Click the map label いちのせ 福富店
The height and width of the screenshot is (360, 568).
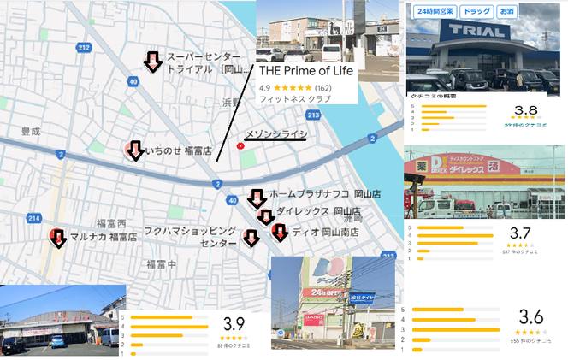pyautogui.click(x=178, y=151)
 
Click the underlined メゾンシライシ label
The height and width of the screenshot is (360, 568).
pyautogui.click(x=275, y=134)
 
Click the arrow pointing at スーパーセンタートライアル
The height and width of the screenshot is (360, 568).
pyautogui.click(x=152, y=62)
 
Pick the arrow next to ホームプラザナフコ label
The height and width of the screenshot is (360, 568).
pyautogui.click(x=256, y=199)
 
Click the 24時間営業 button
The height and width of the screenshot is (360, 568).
pyautogui.click(x=435, y=11)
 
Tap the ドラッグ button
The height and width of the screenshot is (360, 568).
pyautogui.click(x=476, y=11)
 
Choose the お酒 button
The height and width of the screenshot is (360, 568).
pyautogui.click(x=508, y=11)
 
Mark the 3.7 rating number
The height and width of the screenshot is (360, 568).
pyautogui.click(x=521, y=233)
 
